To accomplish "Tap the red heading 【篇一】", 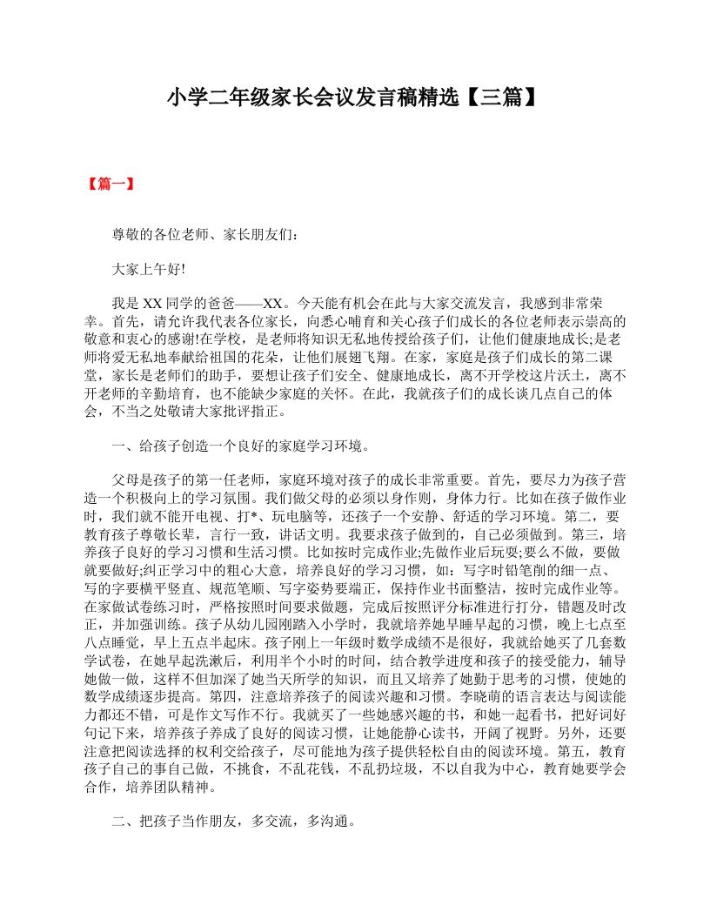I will [110, 184].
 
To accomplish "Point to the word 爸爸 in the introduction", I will [222, 304].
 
